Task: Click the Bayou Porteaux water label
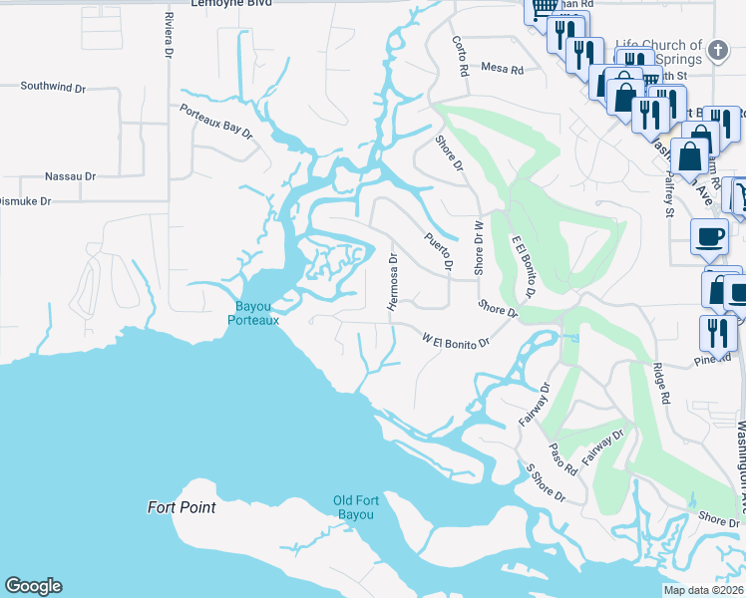252,313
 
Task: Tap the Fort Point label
182,507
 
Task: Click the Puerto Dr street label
438,251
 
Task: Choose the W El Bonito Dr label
456,342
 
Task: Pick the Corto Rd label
460,57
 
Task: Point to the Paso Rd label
562,458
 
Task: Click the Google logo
33,586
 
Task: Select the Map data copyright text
703,590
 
